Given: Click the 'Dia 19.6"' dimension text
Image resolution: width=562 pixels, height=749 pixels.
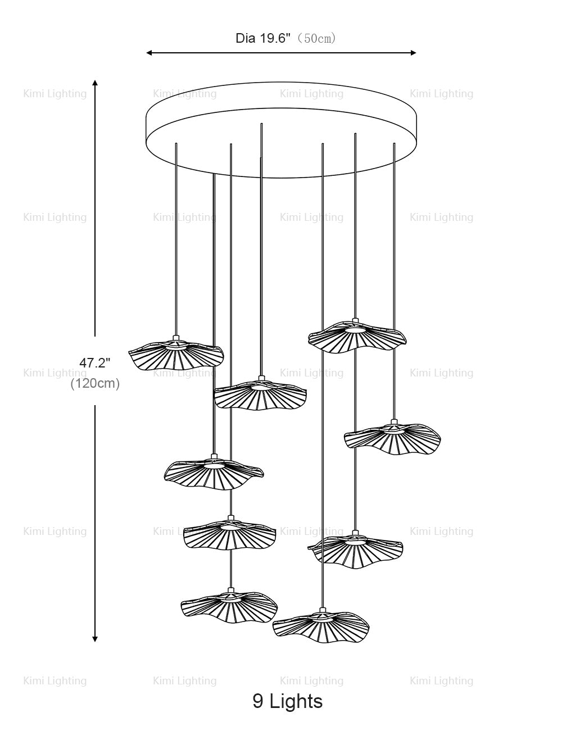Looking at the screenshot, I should [262, 38].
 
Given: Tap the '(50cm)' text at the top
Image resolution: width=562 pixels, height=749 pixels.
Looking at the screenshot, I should [316, 38].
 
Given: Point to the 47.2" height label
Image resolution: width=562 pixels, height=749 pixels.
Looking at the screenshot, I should [95, 363].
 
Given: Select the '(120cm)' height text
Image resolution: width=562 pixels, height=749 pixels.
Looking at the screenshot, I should [95, 384].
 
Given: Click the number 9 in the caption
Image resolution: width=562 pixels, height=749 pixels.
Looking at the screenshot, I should [258, 701].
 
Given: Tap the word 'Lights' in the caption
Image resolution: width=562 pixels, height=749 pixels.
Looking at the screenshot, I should [296, 701].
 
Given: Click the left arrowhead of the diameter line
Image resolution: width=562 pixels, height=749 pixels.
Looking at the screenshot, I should [148, 53].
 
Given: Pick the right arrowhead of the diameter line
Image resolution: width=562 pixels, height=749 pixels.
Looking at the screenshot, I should [414, 53].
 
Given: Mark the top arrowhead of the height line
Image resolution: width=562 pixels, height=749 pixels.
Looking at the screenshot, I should [95, 82].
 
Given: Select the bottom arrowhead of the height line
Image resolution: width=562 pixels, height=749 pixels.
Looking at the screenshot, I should [95, 638].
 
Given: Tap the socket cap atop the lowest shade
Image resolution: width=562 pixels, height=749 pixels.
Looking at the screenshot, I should [322, 610].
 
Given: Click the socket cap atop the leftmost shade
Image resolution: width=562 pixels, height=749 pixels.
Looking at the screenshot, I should [176, 338].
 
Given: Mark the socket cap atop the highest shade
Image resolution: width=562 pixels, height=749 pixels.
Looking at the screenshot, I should [355, 321].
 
